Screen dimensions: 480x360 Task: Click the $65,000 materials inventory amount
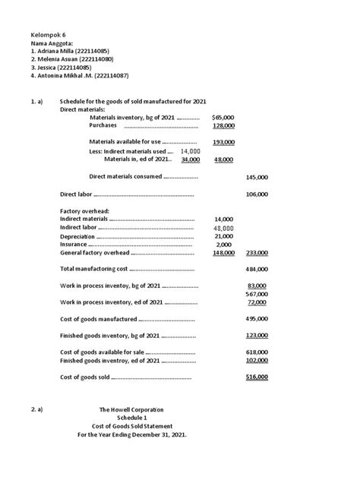pyautogui.click(x=223, y=118)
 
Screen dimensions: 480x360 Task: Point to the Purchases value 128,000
pyautogui.click(x=223, y=126)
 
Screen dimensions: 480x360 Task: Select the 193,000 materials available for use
pyautogui.click(x=223, y=142)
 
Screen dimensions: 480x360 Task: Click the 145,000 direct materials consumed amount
pyautogui.click(x=257, y=177)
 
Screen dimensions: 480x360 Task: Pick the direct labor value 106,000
pyautogui.click(x=257, y=194)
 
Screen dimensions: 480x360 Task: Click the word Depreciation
pyautogui.click(x=78, y=236)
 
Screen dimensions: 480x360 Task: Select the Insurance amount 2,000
pyautogui.click(x=223, y=245)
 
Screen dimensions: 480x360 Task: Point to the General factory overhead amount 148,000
pyautogui.click(x=223, y=254)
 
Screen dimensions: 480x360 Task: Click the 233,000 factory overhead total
pyautogui.click(x=257, y=254)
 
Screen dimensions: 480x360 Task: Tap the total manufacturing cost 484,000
pyautogui.click(x=257, y=270)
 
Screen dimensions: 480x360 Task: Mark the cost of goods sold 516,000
pyautogui.click(x=257, y=377)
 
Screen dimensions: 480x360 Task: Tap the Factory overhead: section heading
pyautogui.click(x=85, y=210)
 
